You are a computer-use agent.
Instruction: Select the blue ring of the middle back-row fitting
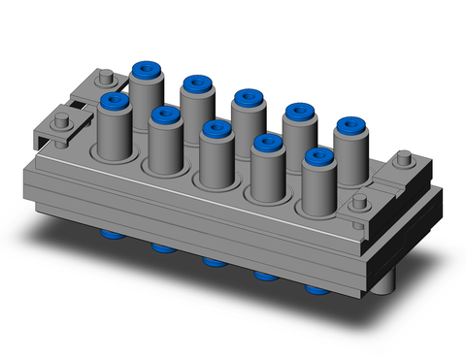click(x=247, y=98)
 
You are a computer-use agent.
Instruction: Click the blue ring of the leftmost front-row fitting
click(x=115, y=100)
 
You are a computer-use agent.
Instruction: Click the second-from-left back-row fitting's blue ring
click(x=197, y=84)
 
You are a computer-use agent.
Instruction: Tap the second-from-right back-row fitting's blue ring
click(x=298, y=113)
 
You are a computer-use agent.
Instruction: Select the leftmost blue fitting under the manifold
click(x=109, y=234)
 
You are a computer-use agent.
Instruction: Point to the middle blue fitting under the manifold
click(x=212, y=261)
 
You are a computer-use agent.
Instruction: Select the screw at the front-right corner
click(x=360, y=202)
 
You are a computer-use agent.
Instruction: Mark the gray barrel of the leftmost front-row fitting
click(x=114, y=131)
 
